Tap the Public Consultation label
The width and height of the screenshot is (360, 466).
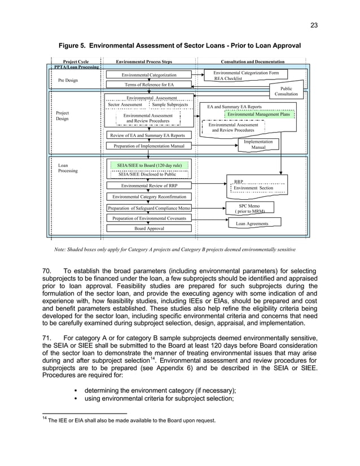click(x=286, y=91)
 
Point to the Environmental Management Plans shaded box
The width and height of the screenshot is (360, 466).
click(x=258, y=115)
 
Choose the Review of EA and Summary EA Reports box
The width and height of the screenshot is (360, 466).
click(x=147, y=135)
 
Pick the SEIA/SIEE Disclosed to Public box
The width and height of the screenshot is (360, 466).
click(x=147, y=175)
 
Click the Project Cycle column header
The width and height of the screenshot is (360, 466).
click(x=76, y=61)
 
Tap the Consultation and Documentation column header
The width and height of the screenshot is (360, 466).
click(x=253, y=61)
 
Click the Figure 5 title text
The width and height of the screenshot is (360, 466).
click(x=180, y=45)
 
